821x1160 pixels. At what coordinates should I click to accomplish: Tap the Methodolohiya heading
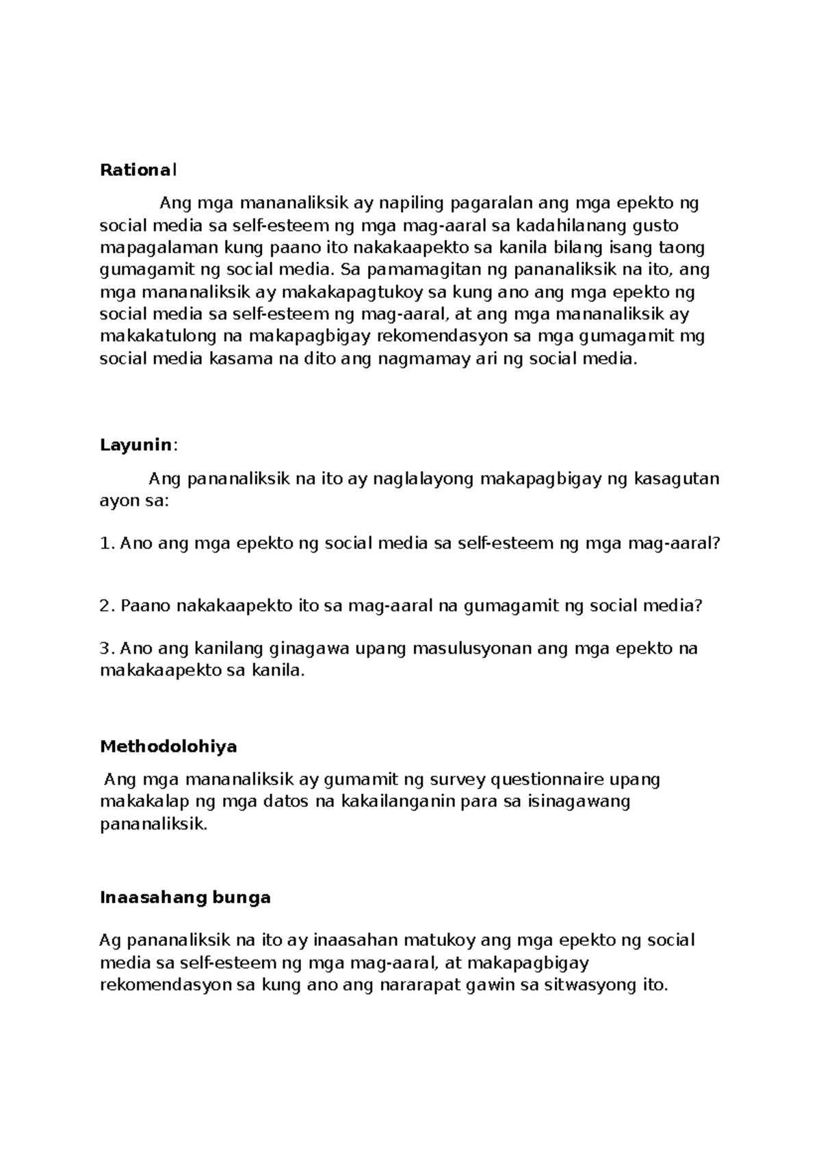168,746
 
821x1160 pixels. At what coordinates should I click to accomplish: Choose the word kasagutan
675,479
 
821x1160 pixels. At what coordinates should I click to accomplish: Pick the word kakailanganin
398,802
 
